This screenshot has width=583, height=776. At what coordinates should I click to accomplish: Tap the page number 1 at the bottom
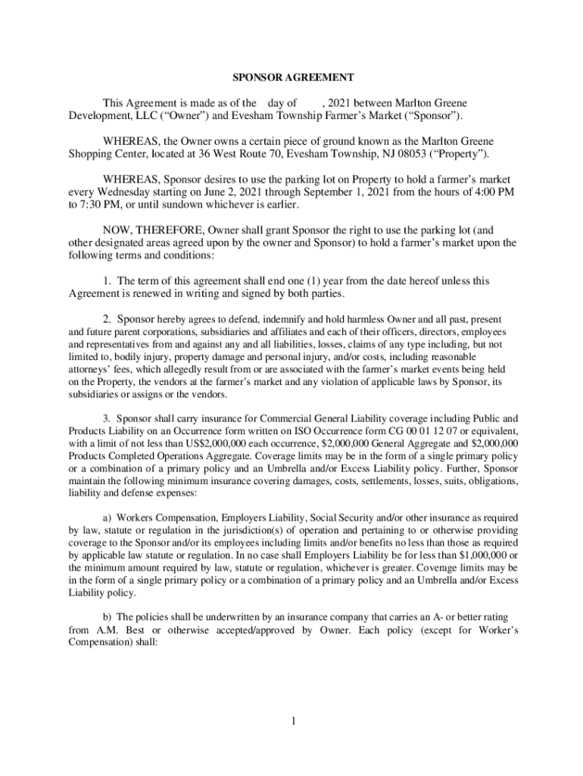click(x=291, y=720)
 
